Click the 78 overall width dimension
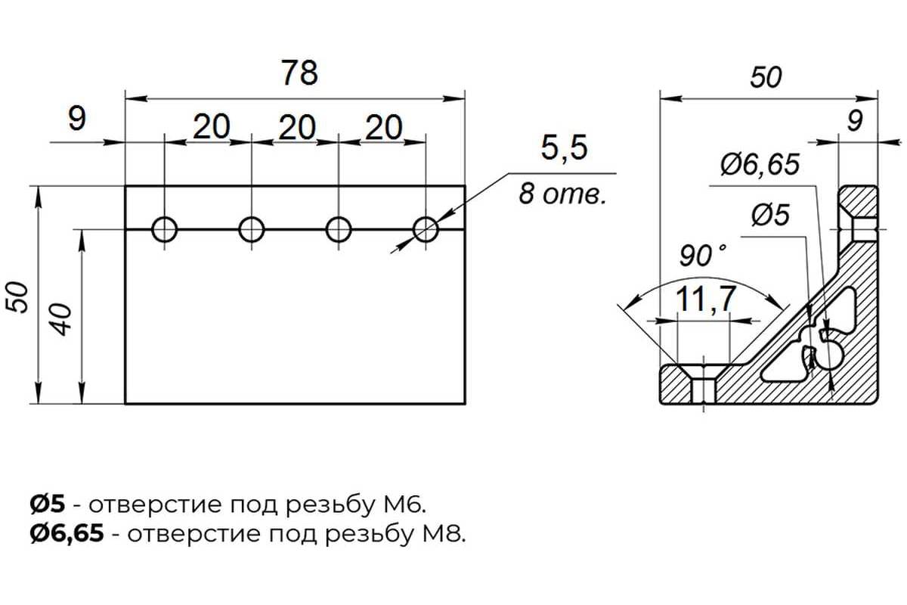(x=299, y=73)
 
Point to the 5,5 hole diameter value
(x=564, y=147)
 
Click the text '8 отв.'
(x=563, y=194)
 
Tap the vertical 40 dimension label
(x=62, y=319)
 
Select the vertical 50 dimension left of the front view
(x=18, y=298)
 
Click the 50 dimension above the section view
(x=766, y=77)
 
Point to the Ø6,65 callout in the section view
(x=760, y=165)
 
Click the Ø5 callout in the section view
(x=770, y=215)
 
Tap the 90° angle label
(x=702, y=256)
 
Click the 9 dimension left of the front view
(x=77, y=119)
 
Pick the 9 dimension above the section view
(x=855, y=121)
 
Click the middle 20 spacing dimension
(x=297, y=127)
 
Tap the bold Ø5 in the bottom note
(x=48, y=504)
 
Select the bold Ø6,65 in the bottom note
(x=67, y=535)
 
